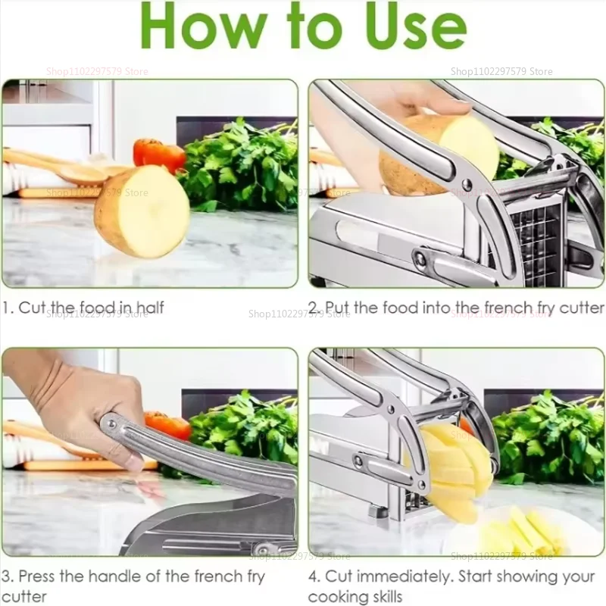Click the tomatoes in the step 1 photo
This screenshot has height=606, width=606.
(159, 154)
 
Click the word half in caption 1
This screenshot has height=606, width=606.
(148, 308)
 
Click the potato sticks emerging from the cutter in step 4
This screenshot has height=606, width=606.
(451, 470)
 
